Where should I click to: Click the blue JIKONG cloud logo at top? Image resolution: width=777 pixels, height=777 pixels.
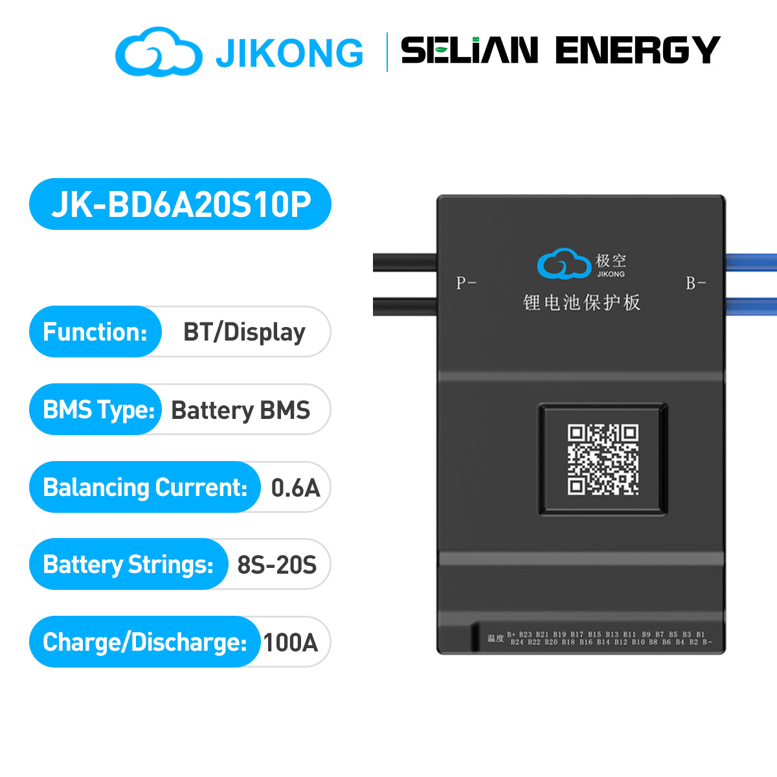tap(158, 51)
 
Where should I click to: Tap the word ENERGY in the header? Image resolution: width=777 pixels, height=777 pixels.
tap(638, 51)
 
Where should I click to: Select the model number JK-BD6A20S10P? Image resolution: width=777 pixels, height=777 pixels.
tap(181, 205)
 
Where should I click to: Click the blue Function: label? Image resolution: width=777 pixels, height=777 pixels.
tap(95, 332)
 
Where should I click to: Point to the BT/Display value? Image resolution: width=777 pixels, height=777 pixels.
tap(244, 332)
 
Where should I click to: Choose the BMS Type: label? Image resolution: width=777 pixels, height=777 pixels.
tap(98, 410)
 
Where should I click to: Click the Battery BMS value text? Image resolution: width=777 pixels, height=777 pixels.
tap(240, 411)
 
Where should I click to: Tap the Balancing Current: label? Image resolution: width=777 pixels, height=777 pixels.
tap(145, 488)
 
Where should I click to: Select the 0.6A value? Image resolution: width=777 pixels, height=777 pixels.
tap(295, 488)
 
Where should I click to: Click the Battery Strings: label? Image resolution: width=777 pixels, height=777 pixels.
tap(128, 565)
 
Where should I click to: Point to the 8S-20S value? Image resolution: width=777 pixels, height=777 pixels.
tap(277, 565)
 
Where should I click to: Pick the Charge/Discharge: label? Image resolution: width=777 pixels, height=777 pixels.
tap(144, 642)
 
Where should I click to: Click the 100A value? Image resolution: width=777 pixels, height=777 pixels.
tap(290, 642)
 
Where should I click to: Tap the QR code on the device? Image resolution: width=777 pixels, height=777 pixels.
tap(603, 459)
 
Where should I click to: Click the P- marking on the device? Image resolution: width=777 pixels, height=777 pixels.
tap(466, 283)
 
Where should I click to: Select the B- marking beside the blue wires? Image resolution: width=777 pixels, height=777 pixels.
tap(696, 283)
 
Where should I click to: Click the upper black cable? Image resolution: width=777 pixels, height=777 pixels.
tap(405, 262)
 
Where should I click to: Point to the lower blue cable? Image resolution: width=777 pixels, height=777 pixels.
tap(751, 306)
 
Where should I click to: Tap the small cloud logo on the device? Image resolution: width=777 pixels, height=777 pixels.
tap(564, 264)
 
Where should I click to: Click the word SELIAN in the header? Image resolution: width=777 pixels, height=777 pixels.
tap(469, 51)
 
